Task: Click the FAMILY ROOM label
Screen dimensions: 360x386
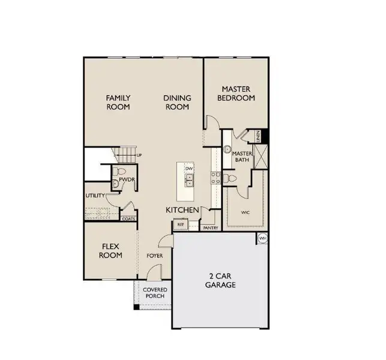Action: [x=118, y=102]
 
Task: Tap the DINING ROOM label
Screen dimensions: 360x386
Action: [x=178, y=102]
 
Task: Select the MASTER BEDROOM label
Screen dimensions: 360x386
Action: [x=236, y=93]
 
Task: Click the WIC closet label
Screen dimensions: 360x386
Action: [x=245, y=212]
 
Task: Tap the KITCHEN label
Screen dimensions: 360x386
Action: [x=182, y=210]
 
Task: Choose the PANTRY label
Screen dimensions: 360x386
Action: [x=210, y=228]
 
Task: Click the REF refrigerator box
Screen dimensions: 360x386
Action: [x=180, y=225]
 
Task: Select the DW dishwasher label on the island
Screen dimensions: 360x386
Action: [x=189, y=169]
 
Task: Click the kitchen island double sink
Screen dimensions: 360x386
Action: [x=188, y=180]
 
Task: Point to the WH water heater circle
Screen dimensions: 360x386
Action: [x=262, y=238]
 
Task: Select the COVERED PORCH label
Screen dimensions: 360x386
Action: [x=154, y=293]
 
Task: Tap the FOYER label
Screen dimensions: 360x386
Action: [x=155, y=256]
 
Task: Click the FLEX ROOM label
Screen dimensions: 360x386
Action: [x=111, y=251]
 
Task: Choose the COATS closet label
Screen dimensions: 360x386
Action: [x=128, y=219]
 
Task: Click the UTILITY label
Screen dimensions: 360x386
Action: [x=95, y=196]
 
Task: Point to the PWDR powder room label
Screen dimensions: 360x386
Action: [x=126, y=179]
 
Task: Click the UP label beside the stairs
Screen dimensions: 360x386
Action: [x=139, y=155]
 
